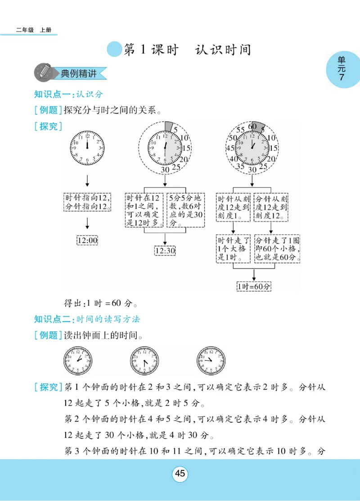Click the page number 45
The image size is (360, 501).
point(180,474)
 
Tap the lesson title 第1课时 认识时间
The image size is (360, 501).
point(187,49)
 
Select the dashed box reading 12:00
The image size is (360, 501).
point(87,241)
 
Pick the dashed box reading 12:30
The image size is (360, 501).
point(165,250)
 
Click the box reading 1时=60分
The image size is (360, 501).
point(254,286)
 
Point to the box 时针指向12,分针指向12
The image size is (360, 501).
point(88,202)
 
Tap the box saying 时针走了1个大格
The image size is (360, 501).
point(233,249)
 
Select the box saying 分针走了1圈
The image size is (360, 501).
point(278,249)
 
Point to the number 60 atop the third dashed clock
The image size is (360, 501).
point(252,126)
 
